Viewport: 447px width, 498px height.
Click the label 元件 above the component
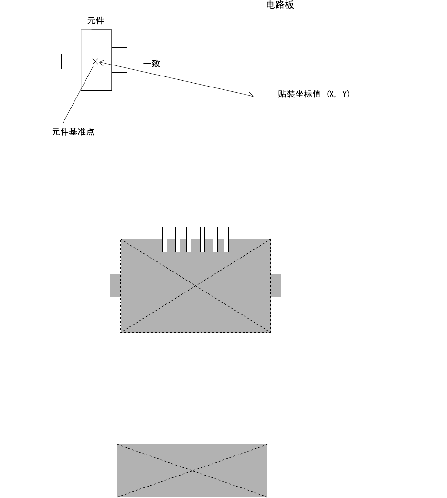point(96,21)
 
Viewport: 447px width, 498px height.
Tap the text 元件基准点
point(73,132)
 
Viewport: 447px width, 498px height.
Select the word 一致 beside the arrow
point(151,64)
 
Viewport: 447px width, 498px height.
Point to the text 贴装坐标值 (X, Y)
point(314,95)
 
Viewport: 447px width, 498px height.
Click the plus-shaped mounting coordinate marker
point(264,99)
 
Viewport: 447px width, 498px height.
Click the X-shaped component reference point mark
point(95,61)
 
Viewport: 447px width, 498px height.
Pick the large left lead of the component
point(71,61)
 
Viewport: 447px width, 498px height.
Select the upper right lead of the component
point(119,44)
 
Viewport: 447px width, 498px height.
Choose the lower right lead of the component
point(119,76)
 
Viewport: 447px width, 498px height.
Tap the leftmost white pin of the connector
point(165,239)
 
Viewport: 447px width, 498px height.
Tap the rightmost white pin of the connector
point(226,239)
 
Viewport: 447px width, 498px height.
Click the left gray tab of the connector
point(115,286)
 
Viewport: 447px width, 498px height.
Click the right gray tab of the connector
point(276,286)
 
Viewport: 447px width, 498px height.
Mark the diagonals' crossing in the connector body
point(196,286)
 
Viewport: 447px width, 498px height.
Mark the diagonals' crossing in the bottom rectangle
point(192,471)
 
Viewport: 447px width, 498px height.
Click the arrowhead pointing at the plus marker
point(251,96)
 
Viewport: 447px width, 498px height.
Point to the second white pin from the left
point(177,239)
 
